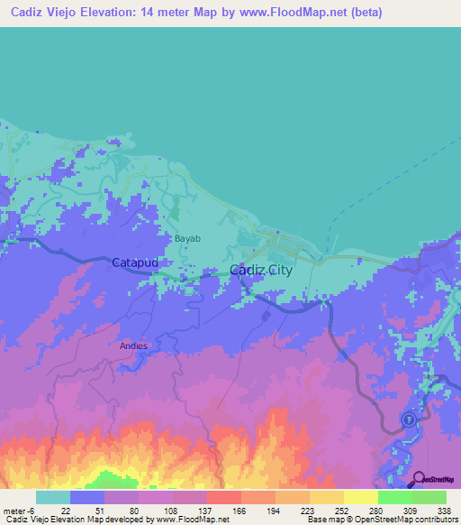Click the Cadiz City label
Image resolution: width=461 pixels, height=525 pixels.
click(x=261, y=270)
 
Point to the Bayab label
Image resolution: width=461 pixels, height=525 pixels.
click(x=187, y=238)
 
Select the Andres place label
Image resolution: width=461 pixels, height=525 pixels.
click(x=132, y=345)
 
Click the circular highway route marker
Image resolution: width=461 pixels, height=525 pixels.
click(x=408, y=419)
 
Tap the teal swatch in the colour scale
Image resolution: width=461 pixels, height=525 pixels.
click(x=52, y=498)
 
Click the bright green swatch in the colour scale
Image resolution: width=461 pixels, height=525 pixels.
click(x=394, y=498)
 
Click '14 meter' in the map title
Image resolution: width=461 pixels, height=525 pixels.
click(x=174, y=13)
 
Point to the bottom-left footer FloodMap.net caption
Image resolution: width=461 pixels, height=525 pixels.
click(x=114, y=520)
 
